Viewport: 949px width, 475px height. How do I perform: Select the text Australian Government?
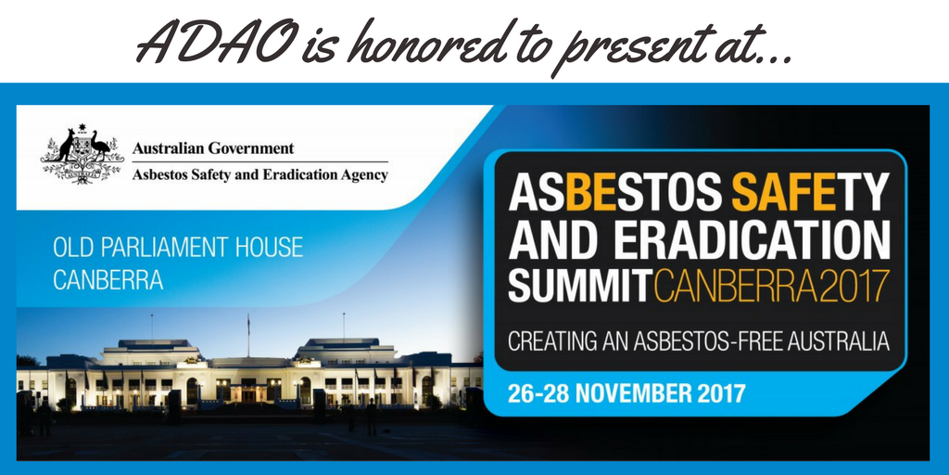pyautogui.click(x=213, y=148)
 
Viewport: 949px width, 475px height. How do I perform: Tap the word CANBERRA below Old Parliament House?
pyautogui.click(x=108, y=280)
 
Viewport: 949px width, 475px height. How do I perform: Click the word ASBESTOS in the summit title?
pyautogui.click(x=614, y=191)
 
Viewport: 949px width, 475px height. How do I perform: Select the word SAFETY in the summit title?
pyautogui.click(x=810, y=191)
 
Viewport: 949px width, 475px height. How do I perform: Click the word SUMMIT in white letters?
pyautogui.click(x=579, y=287)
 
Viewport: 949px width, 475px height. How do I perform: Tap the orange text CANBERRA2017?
pyautogui.click(x=771, y=287)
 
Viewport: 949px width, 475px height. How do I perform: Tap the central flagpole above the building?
pyautogui.click(x=248, y=335)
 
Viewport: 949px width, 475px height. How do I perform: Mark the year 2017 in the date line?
pyautogui.click(x=725, y=393)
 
